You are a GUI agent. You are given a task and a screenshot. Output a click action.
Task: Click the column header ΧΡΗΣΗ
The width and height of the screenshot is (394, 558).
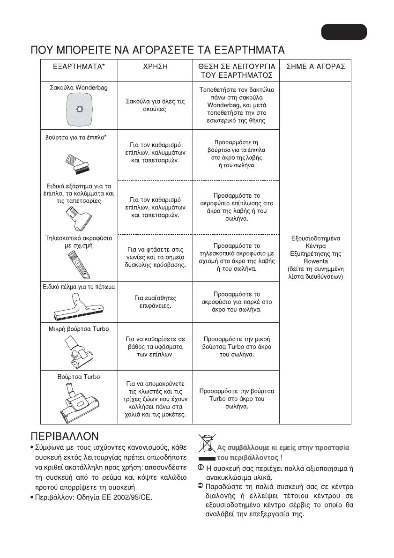(x=155, y=67)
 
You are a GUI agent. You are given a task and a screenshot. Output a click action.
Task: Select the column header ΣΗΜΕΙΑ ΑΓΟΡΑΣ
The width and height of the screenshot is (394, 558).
(x=315, y=67)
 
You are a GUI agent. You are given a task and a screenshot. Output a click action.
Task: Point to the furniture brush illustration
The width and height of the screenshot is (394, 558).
(x=78, y=162)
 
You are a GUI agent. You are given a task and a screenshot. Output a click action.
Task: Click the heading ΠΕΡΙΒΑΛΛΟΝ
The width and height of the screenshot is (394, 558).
(x=65, y=436)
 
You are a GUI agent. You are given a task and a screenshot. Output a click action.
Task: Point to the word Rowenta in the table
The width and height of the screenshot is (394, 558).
(x=315, y=261)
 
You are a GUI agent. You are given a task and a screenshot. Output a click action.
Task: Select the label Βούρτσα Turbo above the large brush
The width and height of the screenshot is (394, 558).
(x=79, y=377)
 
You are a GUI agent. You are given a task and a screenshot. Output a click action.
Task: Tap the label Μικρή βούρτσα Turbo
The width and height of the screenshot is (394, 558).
(x=79, y=329)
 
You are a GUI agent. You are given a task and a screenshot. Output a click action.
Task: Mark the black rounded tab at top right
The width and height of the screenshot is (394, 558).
(x=344, y=31)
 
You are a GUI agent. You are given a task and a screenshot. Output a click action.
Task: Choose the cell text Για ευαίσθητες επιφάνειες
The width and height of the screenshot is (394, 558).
(x=155, y=302)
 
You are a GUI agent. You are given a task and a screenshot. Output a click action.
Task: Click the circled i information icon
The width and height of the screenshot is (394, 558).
(x=201, y=468)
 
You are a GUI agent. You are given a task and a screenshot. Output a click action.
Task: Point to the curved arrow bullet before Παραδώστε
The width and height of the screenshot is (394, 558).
(x=201, y=486)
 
